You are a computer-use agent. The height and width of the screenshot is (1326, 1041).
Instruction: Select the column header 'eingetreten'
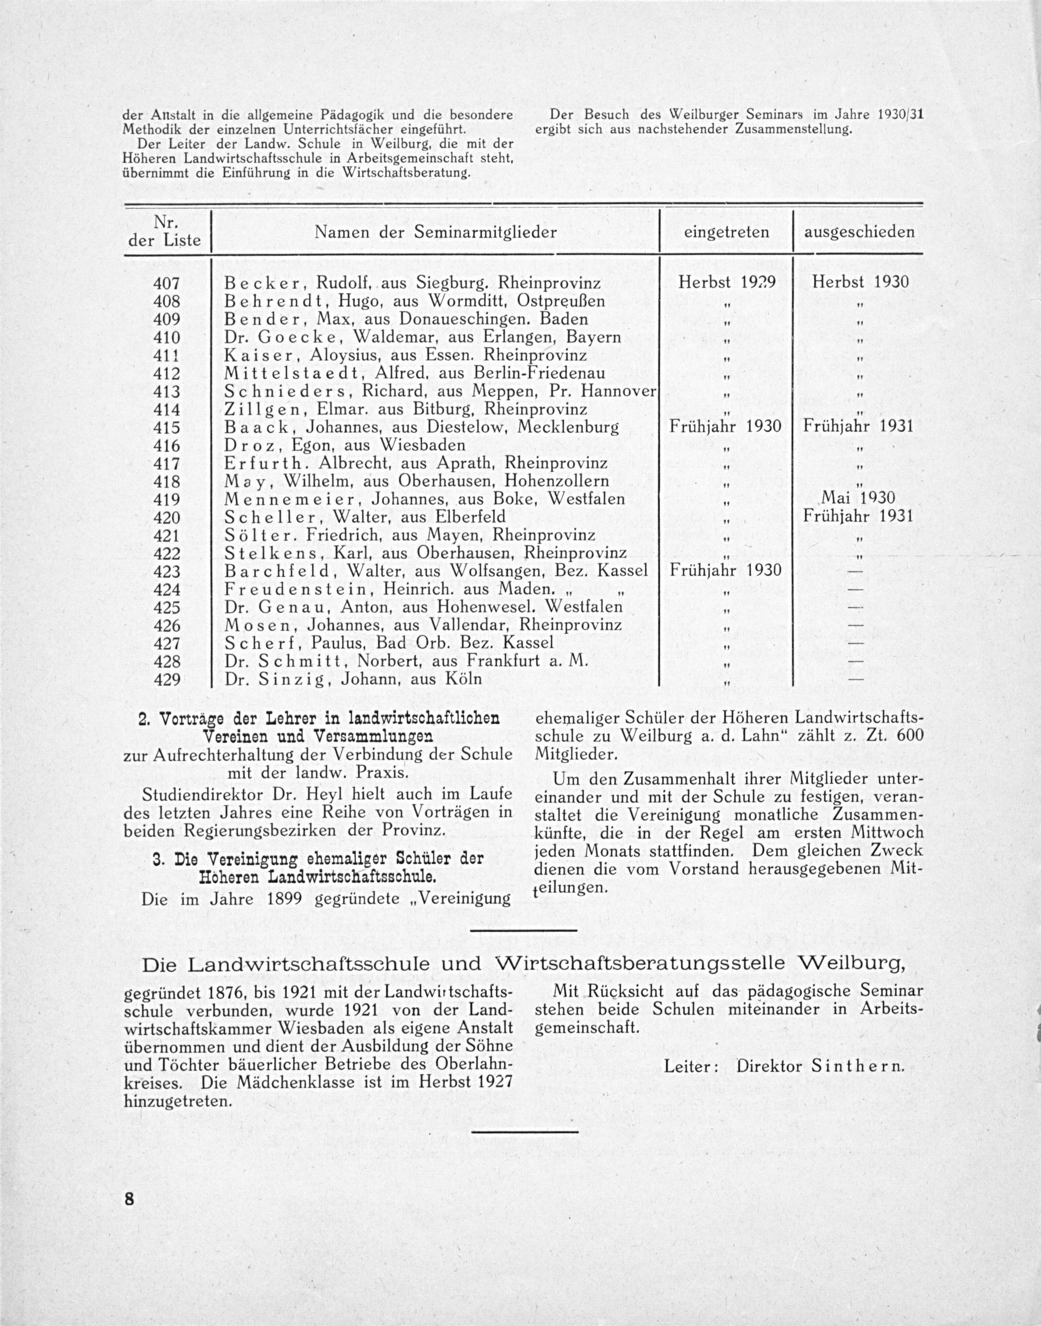coord(726,232)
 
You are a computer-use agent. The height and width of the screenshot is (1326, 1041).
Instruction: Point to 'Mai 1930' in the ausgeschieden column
coord(859,498)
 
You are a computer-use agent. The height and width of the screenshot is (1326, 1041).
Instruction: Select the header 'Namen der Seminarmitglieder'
coord(435,232)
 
